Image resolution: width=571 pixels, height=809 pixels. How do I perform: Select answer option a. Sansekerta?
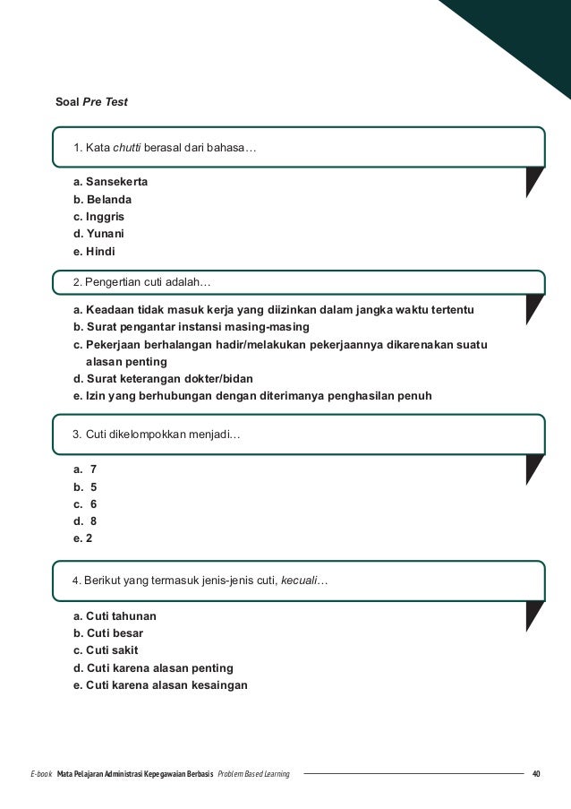(111, 182)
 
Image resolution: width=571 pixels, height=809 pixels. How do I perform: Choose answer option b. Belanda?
(103, 199)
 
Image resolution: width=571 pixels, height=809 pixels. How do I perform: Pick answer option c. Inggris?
(98, 217)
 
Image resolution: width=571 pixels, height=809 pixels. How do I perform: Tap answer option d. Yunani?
(99, 234)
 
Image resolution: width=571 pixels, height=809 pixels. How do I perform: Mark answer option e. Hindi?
(95, 252)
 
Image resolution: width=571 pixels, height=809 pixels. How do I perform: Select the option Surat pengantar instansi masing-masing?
(191, 327)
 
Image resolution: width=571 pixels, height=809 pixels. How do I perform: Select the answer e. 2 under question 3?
(83, 538)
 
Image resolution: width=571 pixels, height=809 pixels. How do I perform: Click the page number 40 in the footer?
(536, 773)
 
